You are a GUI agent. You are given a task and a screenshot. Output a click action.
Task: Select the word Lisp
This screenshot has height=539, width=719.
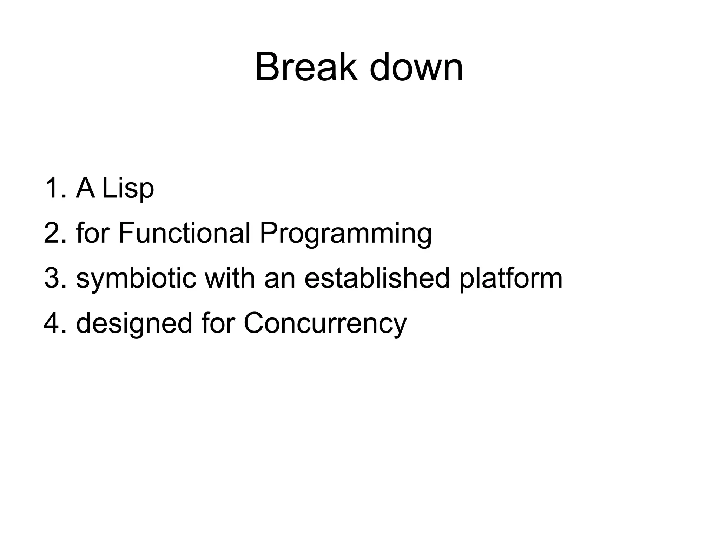tap(128, 189)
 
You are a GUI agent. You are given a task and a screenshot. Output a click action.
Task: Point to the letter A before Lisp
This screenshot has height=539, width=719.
tap(85, 188)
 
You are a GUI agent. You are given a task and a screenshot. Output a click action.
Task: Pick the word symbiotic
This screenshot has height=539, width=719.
tap(136, 278)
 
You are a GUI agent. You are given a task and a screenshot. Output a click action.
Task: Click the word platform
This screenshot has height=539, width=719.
tap(511, 278)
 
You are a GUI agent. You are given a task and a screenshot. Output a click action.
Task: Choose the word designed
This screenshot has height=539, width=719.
tap(134, 324)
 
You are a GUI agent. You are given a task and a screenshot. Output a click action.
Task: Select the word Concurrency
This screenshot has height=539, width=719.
tap(325, 324)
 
